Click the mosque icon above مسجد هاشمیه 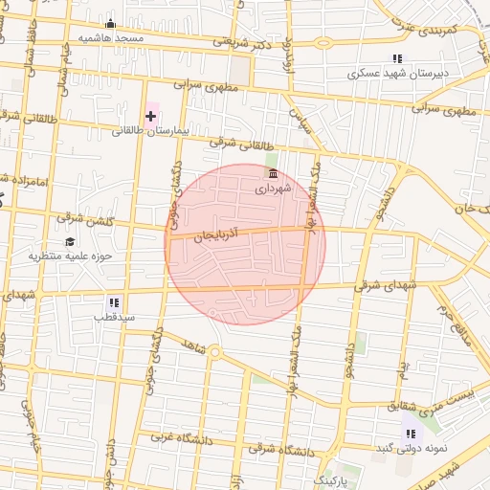pos(110,24)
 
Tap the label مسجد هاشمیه pos(110,38)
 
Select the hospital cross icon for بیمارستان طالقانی pos(150,116)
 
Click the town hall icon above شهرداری pos(275,173)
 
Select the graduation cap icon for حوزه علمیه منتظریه pos(68,241)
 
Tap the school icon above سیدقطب pos(114,301)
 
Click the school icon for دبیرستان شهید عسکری pos(397,58)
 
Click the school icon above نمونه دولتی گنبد pos(411,434)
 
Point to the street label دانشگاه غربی pos(168,438)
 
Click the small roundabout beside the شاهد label pos(215,352)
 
